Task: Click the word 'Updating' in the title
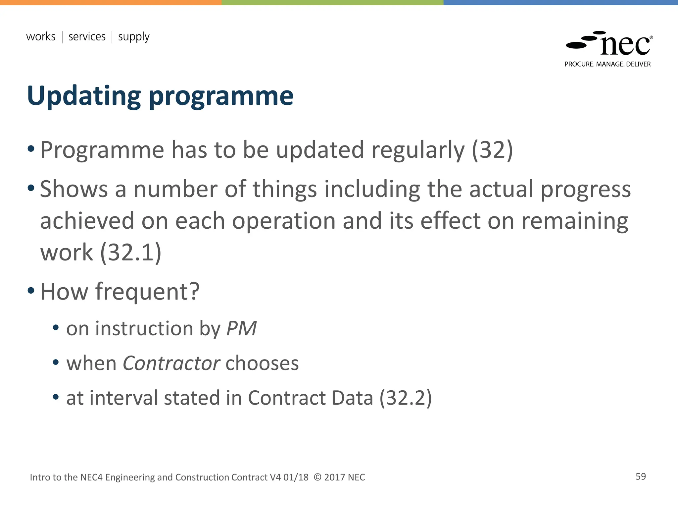pos(84,96)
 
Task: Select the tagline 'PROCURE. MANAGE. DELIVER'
pos(607,64)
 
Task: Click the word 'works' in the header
pos(41,36)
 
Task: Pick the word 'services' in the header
pos(87,36)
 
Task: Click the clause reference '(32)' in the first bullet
pos(492,150)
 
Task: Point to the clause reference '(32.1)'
pos(130,253)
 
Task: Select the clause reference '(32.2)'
pos(406,398)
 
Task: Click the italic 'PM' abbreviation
pos(241,329)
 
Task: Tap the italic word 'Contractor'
pos(171,363)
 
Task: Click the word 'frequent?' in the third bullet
pos(147,292)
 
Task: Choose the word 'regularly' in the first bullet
pos(418,150)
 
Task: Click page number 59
pos(641,477)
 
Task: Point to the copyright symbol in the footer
pos(317,477)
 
